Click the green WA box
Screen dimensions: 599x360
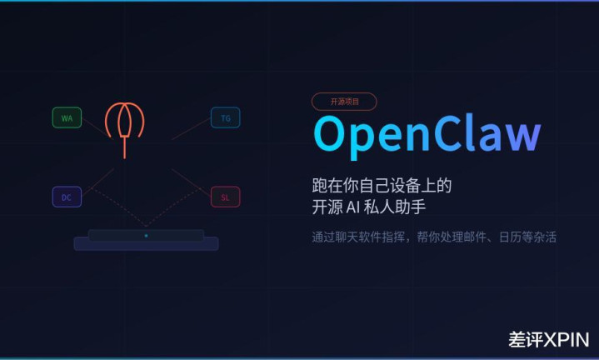[67, 117]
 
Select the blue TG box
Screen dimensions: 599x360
[226, 117]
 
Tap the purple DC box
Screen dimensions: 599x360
[67, 197]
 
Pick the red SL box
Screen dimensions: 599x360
[226, 197]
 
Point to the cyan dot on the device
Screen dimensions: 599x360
[146, 236]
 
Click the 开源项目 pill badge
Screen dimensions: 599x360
[344, 102]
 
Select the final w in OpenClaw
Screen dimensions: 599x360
[521, 137]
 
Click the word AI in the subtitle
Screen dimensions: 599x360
[353, 207]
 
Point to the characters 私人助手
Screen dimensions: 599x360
[395, 207]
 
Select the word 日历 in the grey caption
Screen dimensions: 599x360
[510, 237]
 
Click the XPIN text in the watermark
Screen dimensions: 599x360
[567, 340]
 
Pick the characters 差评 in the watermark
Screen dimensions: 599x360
[526, 340]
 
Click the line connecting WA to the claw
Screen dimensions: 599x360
[97, 128]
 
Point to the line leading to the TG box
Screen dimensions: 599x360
[191, 129]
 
